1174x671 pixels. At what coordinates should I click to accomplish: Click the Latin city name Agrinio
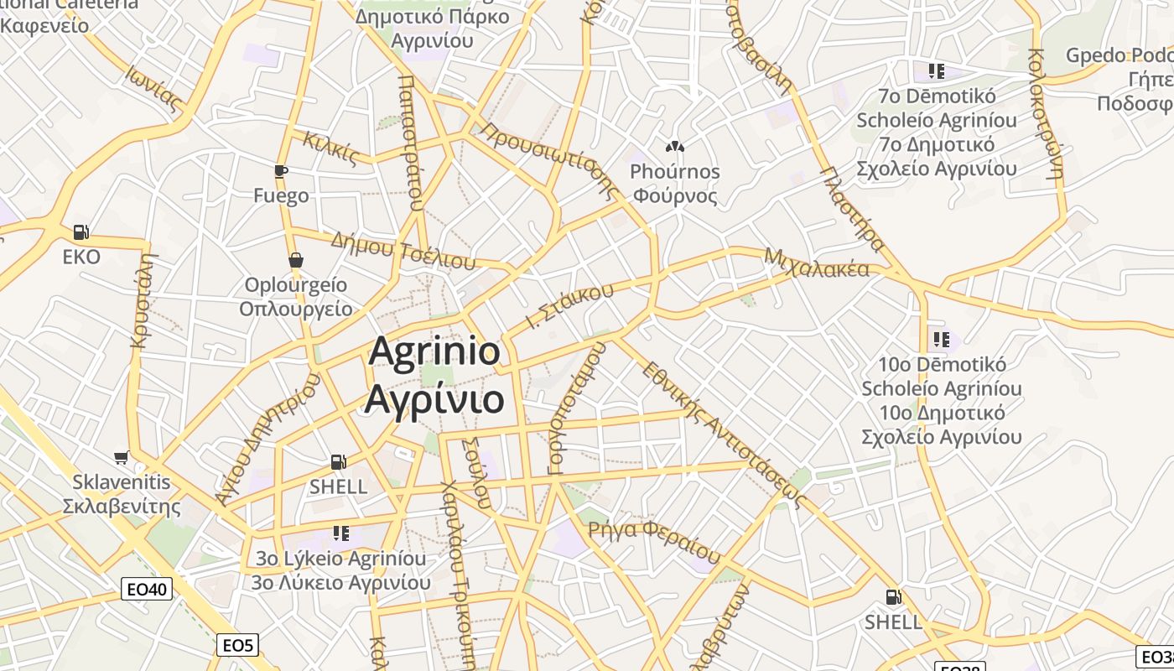[434, 352]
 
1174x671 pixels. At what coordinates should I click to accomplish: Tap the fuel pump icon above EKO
[81, 231]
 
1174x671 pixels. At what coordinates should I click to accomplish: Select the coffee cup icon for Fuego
[281, 171]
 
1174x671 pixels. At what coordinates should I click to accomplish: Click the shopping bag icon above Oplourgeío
[295, 260]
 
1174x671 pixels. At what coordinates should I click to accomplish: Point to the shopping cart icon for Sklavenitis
[122, 457]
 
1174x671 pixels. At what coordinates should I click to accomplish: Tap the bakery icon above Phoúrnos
[675, 146]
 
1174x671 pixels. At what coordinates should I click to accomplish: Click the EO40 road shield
[147, 590]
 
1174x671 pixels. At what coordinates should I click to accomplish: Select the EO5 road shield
[237, 645]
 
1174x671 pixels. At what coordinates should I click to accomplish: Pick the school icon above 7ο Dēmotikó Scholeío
[936, 70]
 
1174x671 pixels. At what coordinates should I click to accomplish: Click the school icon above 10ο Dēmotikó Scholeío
[941, 340]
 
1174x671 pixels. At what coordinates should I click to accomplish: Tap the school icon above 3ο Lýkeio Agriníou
[340, 533]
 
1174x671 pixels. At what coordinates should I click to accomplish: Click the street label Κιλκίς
[331, 148]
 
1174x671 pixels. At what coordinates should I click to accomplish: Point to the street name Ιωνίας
[154, 89]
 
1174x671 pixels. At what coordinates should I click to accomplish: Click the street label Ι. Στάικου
[564, 307]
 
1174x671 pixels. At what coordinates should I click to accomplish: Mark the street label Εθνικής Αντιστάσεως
[722, 436]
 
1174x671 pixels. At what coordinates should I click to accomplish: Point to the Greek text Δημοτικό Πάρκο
[432, 16]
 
